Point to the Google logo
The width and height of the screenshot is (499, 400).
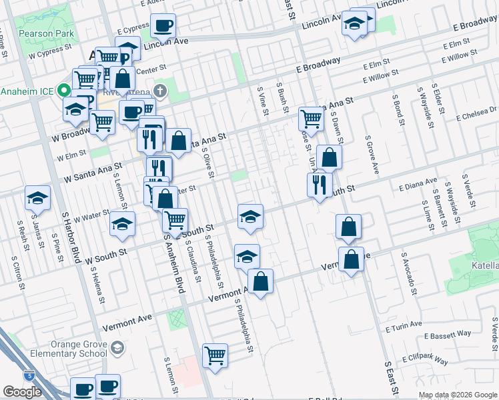[x=22, y=392]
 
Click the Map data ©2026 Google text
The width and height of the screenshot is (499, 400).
[x=457, y=395]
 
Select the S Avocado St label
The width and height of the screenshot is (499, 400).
[x=408, y=273]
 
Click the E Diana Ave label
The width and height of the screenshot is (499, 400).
[x=418, y=181]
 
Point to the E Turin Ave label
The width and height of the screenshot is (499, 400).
[x=404, y=326]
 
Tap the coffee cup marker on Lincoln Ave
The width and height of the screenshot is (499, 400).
[x=163, y=27]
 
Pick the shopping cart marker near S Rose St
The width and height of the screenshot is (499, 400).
[x=311, y=119]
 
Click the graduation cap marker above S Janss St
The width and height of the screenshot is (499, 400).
[x=37, y=197]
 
